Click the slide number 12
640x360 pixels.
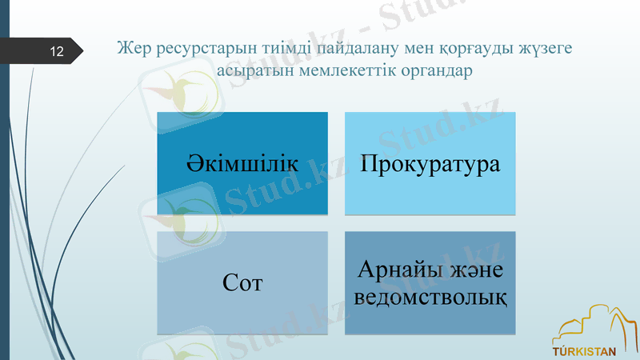pyautogui.click(x=56, y=52)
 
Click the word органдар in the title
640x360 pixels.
pyautogui.click(x=437, y=71)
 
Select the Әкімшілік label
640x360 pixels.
pyautogui.click(x=242, y=164)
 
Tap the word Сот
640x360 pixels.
pyautogui.click(x=242, y=283)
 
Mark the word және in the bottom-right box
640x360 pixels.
pyautogui.click(x=475, y=270)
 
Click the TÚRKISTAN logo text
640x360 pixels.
pyautogui.click(x=585, y=350)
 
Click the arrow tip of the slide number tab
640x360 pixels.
pyautogui.click(x=81, y=50)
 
